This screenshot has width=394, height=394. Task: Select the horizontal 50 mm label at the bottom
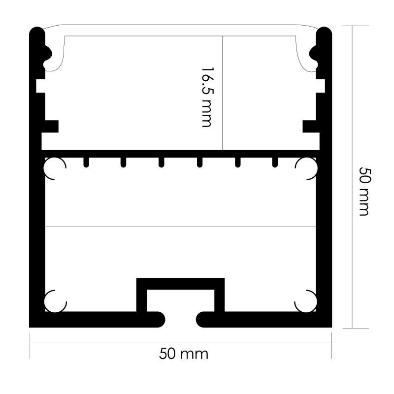pyautogui.click(x=184, y=354)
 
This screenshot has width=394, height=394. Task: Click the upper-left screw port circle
pyautogui.click(x=55, y=168)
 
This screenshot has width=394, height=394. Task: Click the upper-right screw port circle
pyautogui.click(x=306, y=168)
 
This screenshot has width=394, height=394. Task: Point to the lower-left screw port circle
pyautogui.click(x=55, y=301)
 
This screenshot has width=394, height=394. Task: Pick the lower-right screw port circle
pyautogui.click(x=305, y=301)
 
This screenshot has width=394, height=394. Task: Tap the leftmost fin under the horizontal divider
pyautogui.click(x=86, y=163)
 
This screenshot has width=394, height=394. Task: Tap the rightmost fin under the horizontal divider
pyautogui.click(x=275, y=163)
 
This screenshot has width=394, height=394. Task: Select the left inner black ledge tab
pyautogui.click(x=52, y=127)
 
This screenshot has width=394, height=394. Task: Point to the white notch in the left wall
pyautogui.click(x=41, y=86)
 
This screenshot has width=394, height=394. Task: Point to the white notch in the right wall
pyautogui.click(x=321, y=86)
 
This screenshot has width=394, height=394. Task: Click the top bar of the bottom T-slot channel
pyautogui.click(x=180, y=284)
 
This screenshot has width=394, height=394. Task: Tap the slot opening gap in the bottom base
pyautogui.click(x=180, y=320)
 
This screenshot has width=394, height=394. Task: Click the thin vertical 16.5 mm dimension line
pyautogui.click(x=223, y=93)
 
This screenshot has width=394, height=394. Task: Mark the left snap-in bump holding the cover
pyautogui.click(x=48, y=54)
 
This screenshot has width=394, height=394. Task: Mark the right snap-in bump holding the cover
pyautogui.click(x=313, y=54)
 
